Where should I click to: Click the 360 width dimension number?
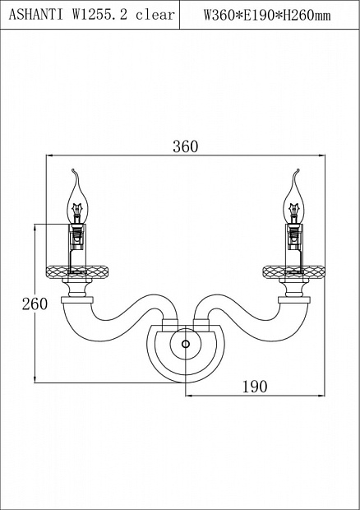[185, 146]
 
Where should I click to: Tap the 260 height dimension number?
[35, 304]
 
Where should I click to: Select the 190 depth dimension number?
[255, 387]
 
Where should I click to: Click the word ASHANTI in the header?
[35, 15]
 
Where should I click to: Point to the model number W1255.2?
[99, 15]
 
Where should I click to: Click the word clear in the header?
[155, 15]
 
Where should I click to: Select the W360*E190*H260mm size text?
[267, 15]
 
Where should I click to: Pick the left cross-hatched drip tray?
[77, 272]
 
